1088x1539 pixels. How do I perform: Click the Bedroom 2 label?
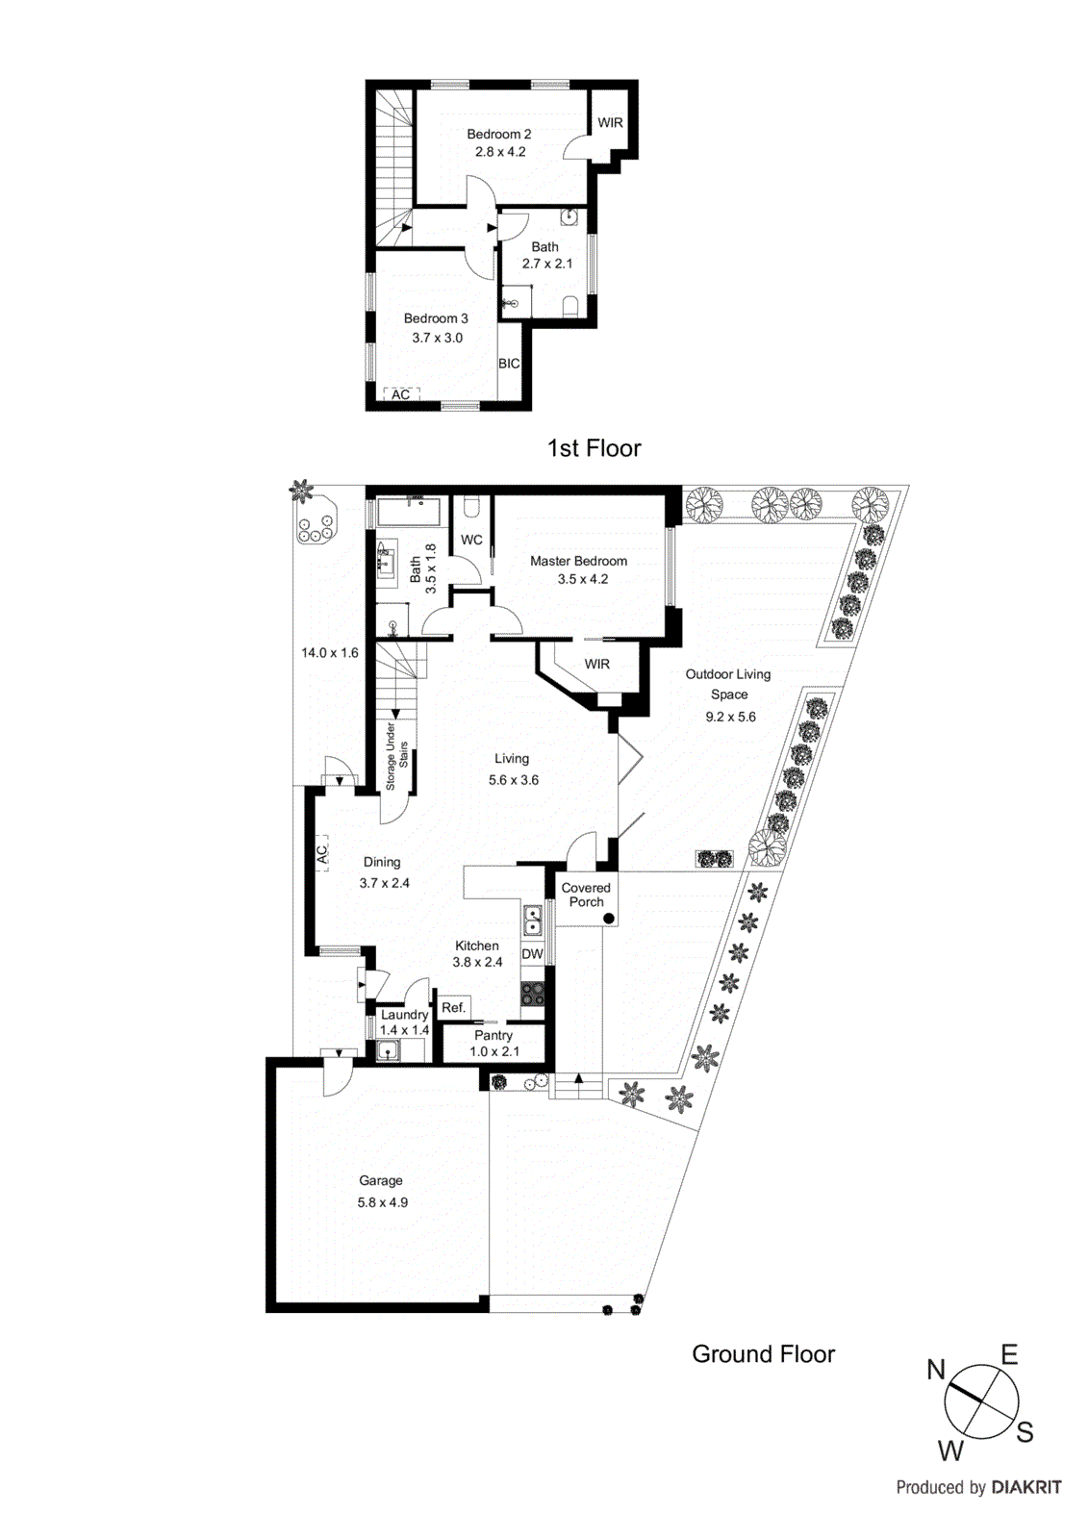pos(498,134)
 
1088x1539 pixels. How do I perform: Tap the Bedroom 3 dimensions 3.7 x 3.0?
pos(437,338)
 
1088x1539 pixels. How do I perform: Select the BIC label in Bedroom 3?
pos(509,364)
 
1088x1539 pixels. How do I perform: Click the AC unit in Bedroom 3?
pos(401,394)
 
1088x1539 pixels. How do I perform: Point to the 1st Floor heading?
pos(594,448)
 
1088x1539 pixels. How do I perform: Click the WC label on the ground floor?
pos(471,540)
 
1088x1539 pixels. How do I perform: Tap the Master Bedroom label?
pos(578,561)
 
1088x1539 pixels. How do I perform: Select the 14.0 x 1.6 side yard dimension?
pos(329,652)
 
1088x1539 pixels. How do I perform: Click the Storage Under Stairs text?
pos(396,756)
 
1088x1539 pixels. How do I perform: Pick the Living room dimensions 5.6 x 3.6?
pos(513,780)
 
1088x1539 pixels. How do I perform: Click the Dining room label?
pos(382,862)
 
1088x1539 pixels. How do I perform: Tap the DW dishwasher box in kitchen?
pos(532,954)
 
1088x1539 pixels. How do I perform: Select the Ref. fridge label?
pos(453,1007)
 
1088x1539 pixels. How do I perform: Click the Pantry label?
pos(493,1035)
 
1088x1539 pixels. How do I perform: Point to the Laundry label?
pos(404,1015)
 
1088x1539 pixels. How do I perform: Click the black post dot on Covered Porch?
pos(609,919)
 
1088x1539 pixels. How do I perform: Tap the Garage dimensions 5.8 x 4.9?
pos(382,1202)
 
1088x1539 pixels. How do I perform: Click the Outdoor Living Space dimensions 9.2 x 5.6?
pos(730,717)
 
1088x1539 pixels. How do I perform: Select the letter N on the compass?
pos(936,1370)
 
